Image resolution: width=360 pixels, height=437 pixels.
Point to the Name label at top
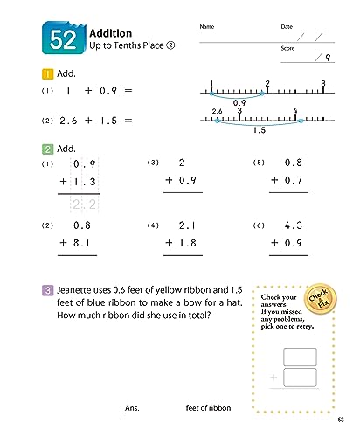pyautogui.click(x=206, y=27)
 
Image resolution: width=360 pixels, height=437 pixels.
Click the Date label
pyautogui.click(x=287, y=27)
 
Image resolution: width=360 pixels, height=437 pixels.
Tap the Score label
pyautogui.click(x=287, y=49)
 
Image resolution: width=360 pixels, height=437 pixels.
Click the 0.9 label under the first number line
pyautogui.click(x=230, y=102)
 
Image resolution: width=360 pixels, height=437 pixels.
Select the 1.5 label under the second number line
pyautogui.click(x=260, y=130)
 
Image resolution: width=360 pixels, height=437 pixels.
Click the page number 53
pyautogui.click(x=345, y=426)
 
